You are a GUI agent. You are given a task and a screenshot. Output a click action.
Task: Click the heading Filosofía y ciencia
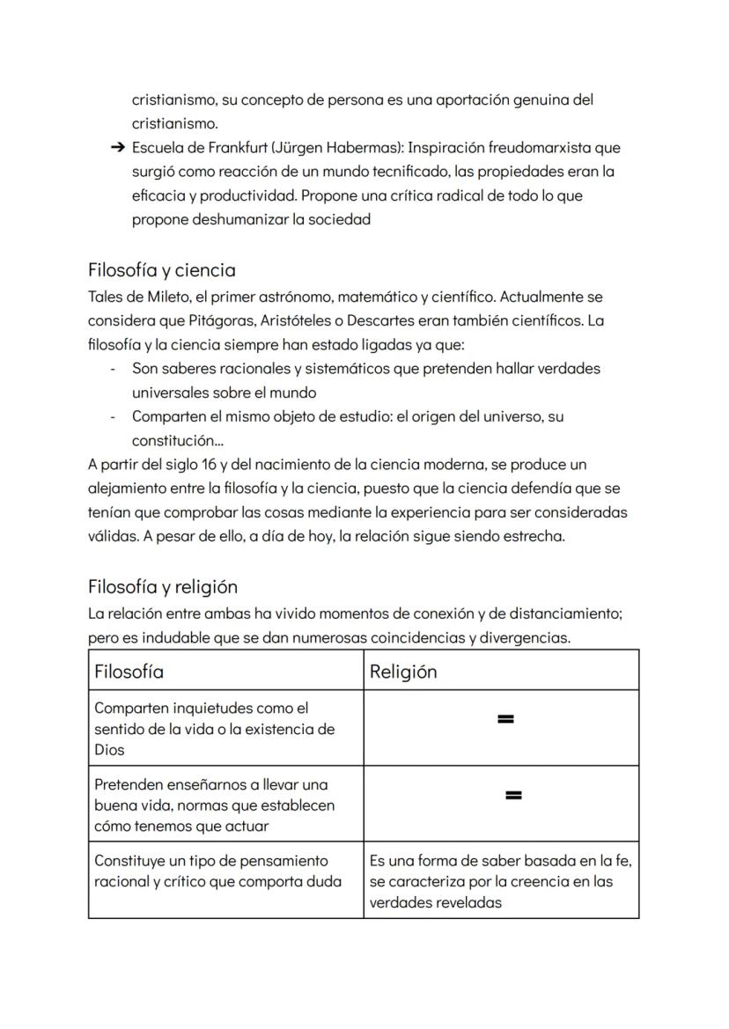pos(161,269)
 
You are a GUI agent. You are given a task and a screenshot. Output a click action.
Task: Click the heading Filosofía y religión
pos(163,586)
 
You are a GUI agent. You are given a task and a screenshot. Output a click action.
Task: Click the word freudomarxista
pos(573,148)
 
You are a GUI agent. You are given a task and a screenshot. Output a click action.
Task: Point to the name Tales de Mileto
pos(136,297)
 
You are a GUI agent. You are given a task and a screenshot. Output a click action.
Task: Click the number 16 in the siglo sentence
pos(210,464)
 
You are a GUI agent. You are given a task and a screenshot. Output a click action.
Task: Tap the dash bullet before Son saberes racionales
pos(113,369)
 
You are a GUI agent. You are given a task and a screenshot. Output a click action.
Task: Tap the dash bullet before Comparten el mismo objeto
pos(113,416)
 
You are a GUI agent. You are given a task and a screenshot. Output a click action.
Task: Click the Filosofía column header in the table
pos(129,672)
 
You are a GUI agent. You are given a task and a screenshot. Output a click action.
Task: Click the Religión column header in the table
pos(403,672)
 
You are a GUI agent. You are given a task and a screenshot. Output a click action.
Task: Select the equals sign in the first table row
pos(504,720)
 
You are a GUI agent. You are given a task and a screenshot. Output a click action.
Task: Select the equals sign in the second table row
pos(514,796)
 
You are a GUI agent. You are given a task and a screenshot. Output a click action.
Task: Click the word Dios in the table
pos(109,750)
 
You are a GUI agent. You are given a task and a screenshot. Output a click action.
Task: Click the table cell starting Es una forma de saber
pos(500,881)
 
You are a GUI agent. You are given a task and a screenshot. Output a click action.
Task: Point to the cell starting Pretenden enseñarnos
pos(214,805)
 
